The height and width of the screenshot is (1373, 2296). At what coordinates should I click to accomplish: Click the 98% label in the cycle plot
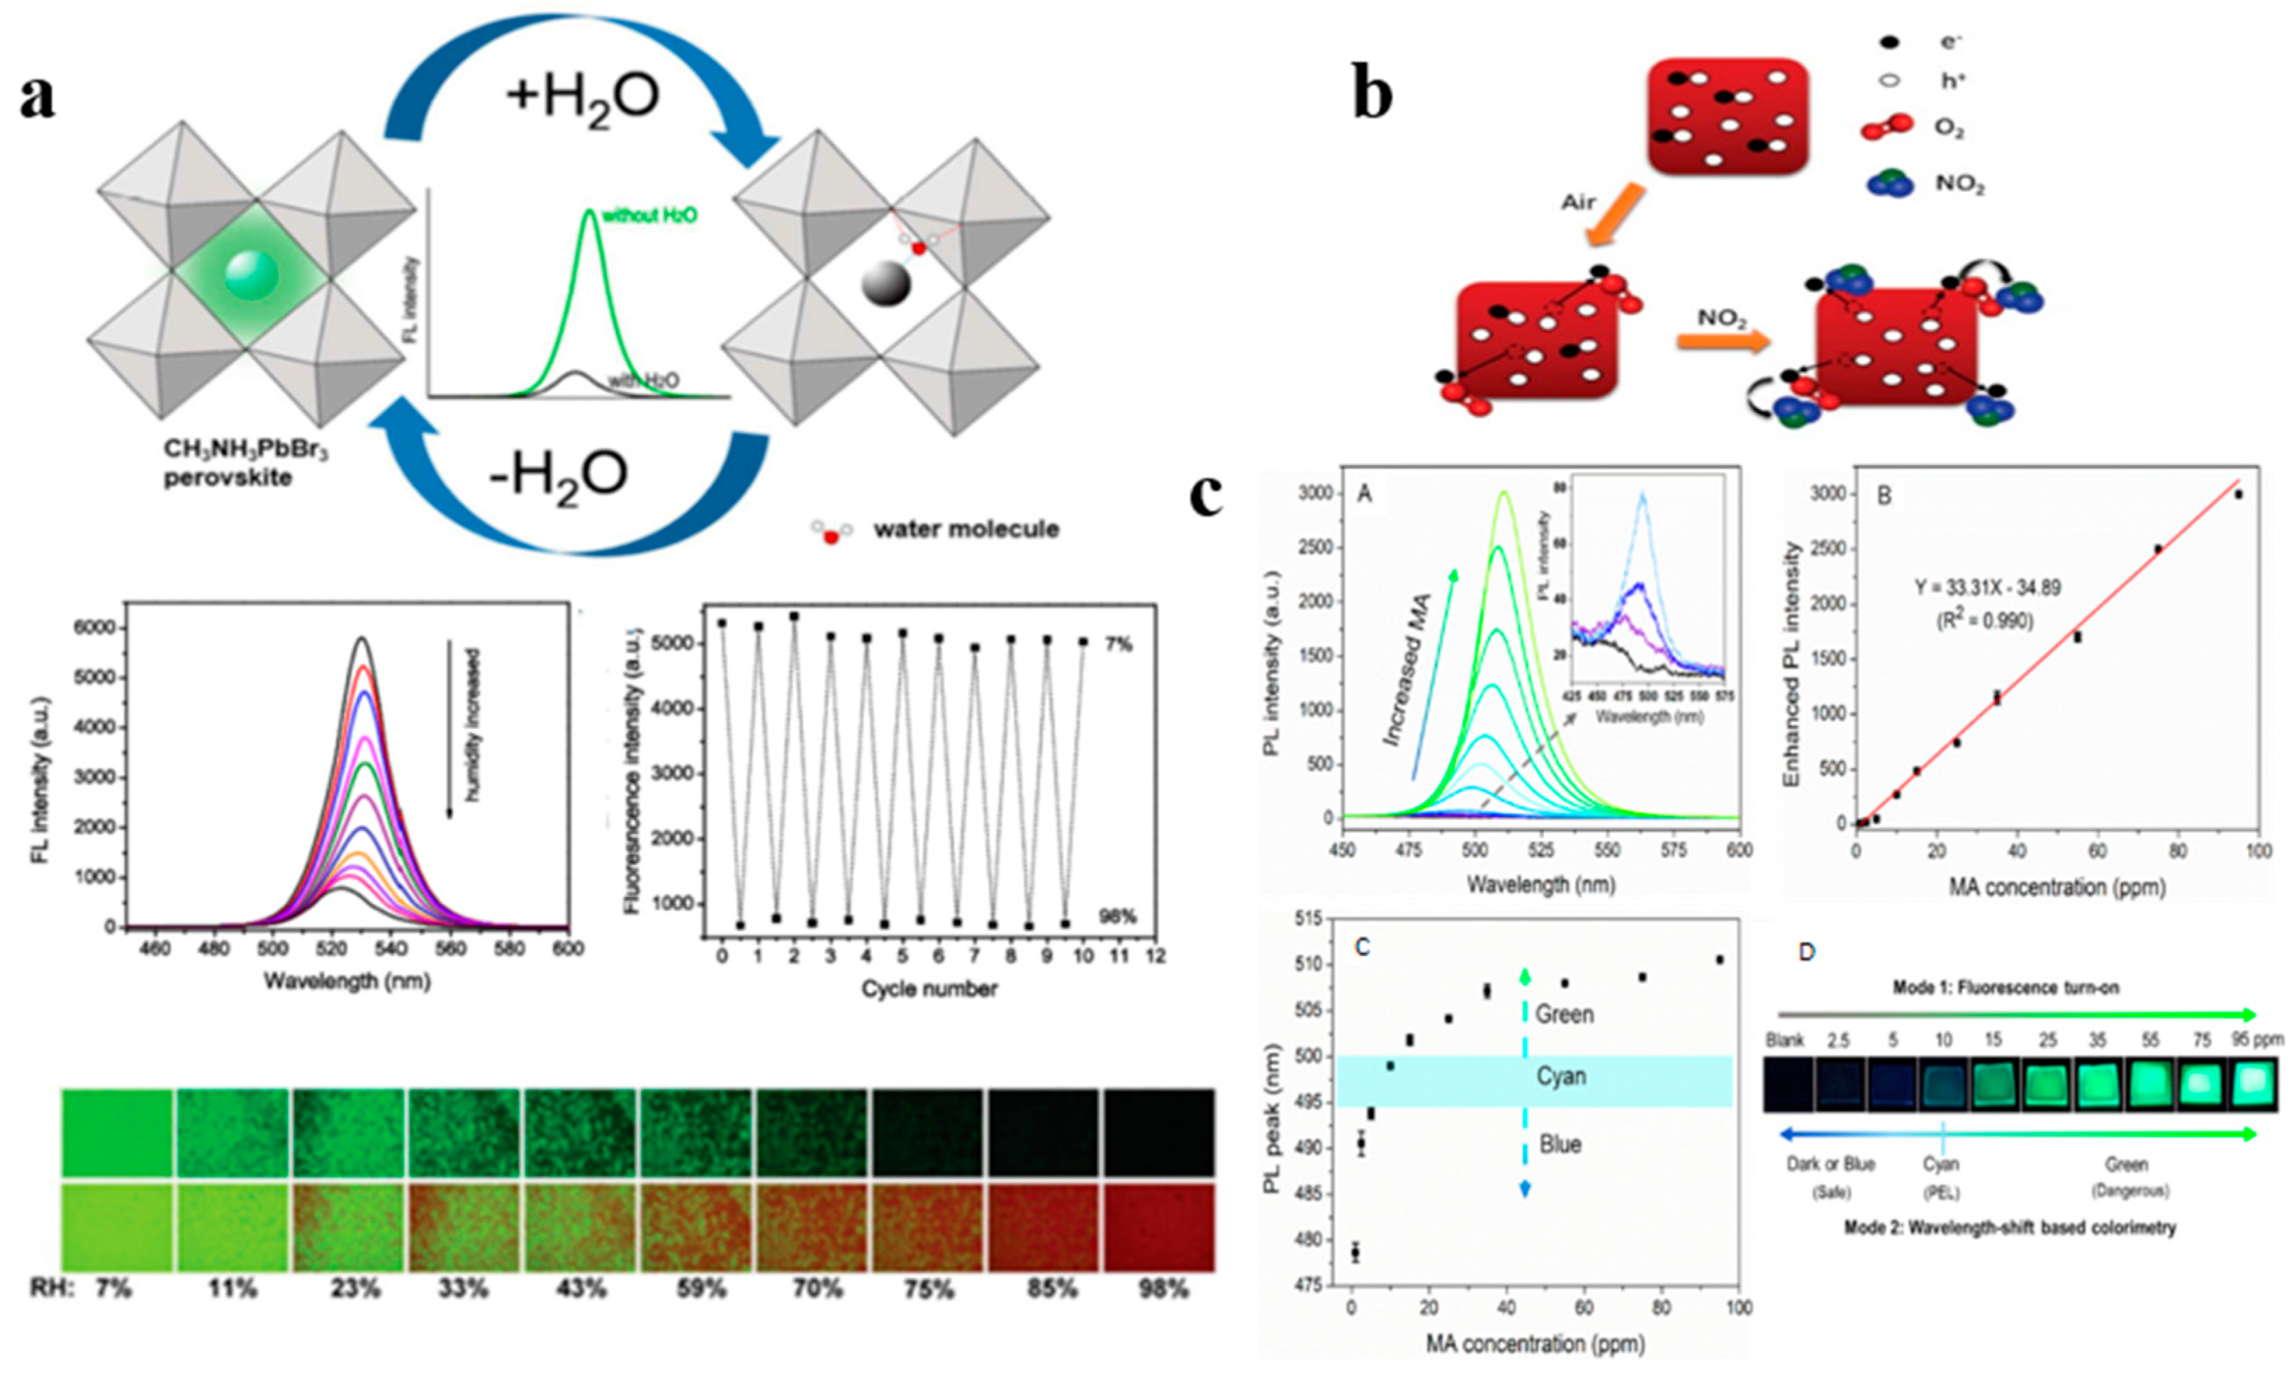click(1116, 917)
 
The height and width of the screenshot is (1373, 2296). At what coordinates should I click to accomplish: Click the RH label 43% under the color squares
click(581, 1288)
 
